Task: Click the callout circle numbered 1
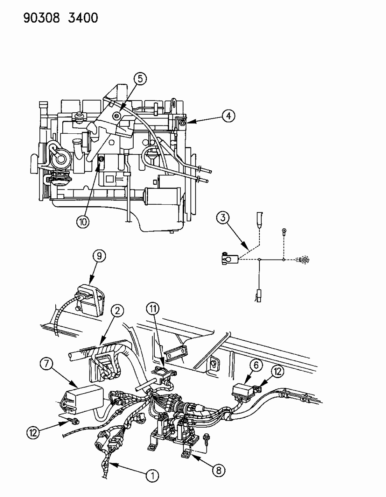click(153, 475)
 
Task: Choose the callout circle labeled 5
click(140, 79)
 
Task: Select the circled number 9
click(99, 256)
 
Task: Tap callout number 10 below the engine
click(83, 221)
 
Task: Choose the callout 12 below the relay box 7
click(33, 432)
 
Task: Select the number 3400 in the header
click(82, 18)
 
